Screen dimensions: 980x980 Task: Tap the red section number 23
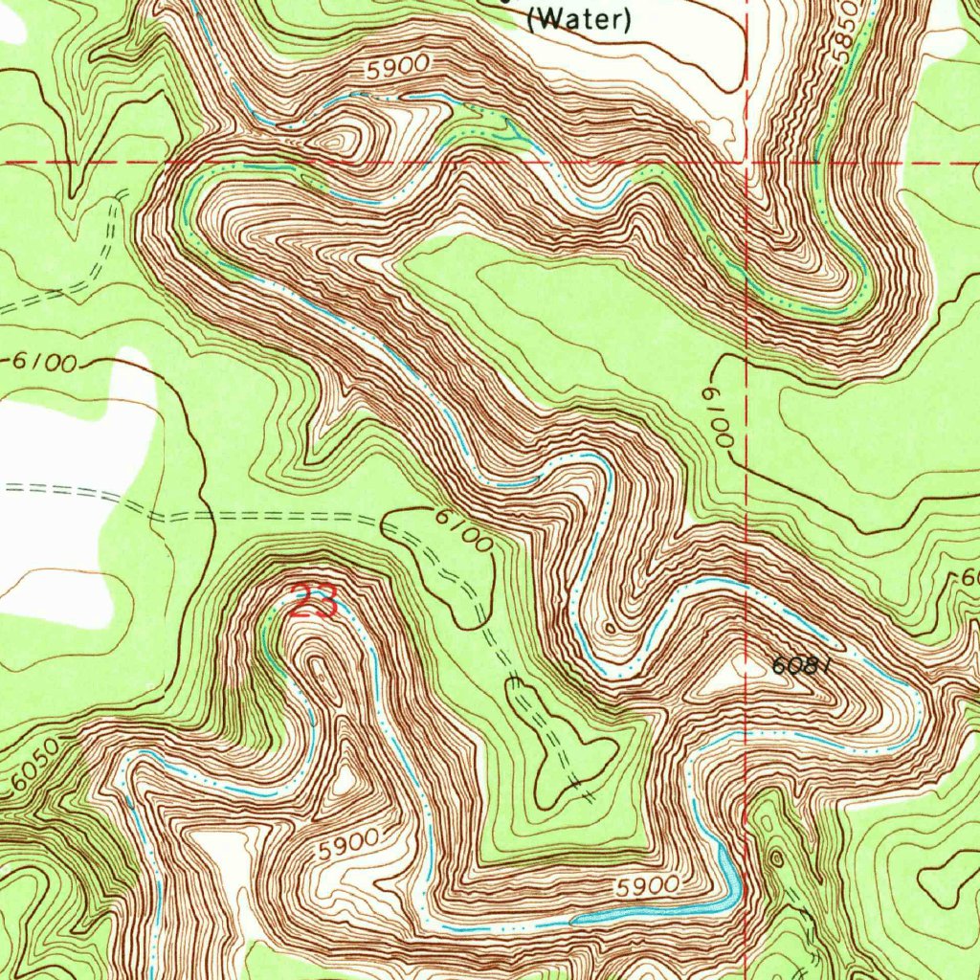314,602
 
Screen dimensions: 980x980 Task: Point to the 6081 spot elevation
796,665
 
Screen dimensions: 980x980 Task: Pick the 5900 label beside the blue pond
648,885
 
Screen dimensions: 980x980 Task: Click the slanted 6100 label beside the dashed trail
464,529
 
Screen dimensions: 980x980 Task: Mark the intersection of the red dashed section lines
746,163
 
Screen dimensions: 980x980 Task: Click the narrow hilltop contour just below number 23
322,670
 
